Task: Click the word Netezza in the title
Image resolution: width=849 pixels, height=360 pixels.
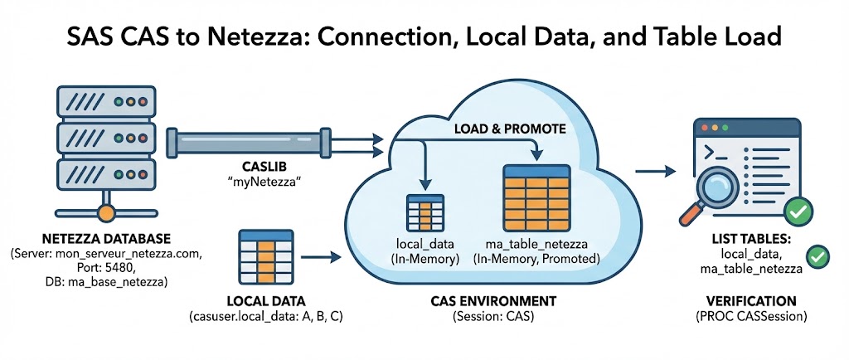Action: tap(281, 38)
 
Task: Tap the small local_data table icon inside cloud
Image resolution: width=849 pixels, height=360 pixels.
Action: tap(424, 212)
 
